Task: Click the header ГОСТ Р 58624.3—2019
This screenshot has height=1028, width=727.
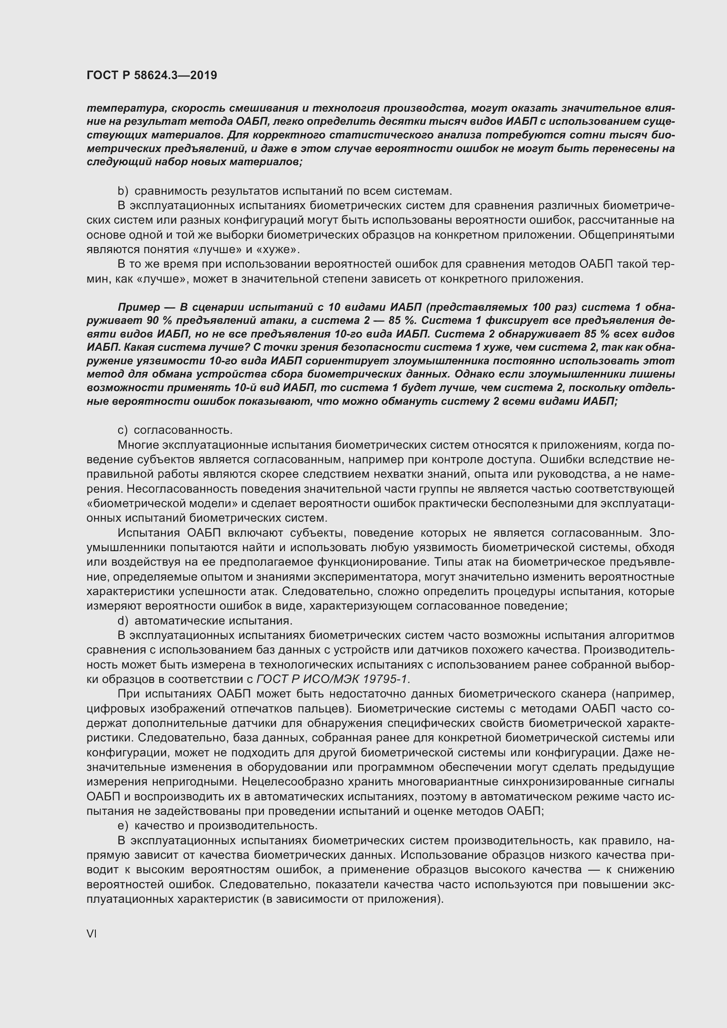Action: click(152, 75)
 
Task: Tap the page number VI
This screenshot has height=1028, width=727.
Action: click(91, 934)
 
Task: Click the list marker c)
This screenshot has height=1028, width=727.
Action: click(122, 430)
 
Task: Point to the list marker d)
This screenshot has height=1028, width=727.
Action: click(123, 621)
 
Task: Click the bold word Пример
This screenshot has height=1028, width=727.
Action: click(138, 307)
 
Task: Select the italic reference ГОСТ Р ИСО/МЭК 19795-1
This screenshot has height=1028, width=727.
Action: click(333, 679)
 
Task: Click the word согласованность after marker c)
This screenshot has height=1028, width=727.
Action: click(183, 430)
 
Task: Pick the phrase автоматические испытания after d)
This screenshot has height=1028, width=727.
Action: click(213, 621)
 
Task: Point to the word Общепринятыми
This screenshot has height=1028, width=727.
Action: click(626, 235)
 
